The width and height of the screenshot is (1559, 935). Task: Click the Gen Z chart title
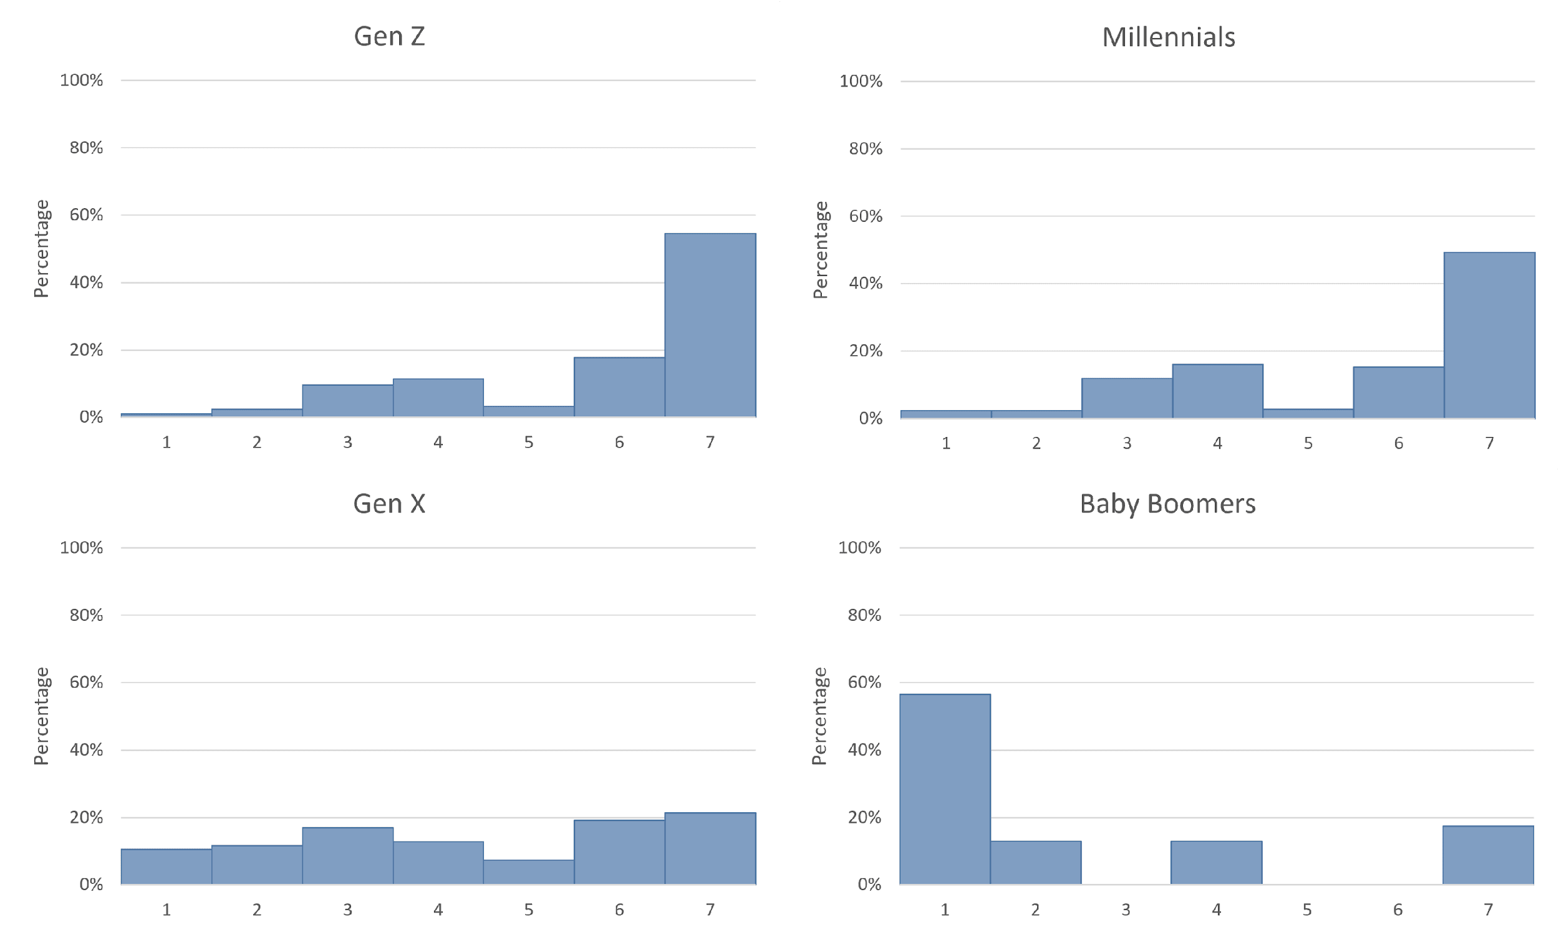(x=389, y=37)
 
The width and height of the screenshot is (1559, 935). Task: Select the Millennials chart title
(x=1168, y=38)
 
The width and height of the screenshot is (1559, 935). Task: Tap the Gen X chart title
(x=389, y=504)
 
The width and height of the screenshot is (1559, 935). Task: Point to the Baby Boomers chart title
(x=1167, y=504)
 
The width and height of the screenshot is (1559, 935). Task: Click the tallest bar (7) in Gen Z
(x=710, y=325)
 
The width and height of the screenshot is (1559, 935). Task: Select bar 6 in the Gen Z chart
(x=619, y=387)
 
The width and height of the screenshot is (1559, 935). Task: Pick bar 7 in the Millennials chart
(x=1489, y=335)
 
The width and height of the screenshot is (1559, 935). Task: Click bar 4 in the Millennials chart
(x=1217, y=391)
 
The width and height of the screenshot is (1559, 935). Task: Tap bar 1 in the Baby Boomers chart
(x=945, y=789)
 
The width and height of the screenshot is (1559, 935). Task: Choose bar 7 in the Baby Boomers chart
(x=1488, y=855)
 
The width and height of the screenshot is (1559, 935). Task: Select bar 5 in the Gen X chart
(x=529, y=872)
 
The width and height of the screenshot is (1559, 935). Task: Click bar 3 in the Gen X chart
(x=348, y=856)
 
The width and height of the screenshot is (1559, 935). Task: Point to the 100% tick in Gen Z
(x=81, y=80)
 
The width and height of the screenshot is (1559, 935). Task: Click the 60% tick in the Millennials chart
(x=866, y=216)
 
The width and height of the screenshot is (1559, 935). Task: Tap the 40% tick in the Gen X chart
(x=86, y=750)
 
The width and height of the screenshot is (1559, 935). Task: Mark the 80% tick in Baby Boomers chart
(x=864, y=615)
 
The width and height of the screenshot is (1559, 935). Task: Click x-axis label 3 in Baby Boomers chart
(x=1126, y=910)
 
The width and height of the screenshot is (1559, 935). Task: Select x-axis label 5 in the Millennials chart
(x=1308, y=444)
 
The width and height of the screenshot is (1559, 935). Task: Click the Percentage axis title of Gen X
(x=42, y=716)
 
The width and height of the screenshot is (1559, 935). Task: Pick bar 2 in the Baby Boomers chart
(x=1035, y=863)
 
